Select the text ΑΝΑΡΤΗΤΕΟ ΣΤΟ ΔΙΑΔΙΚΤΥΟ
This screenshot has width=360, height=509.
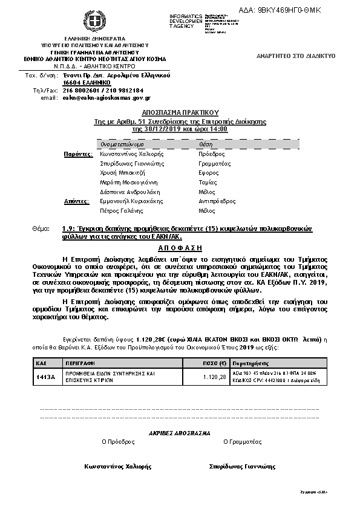[x=296, y=56]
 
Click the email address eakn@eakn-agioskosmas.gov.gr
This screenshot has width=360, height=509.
[x=106, y=97]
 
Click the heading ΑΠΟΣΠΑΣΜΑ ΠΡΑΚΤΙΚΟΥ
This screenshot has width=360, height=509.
[x=180, y=112]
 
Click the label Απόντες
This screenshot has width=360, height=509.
[x=77, y=201]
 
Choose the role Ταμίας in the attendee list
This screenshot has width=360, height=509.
[x=208, y=182]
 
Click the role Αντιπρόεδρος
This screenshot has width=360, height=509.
[x=217, y=201]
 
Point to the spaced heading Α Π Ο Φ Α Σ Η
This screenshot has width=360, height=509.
[x=179, y=248]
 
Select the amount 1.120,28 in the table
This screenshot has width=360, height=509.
[x=215, y=377]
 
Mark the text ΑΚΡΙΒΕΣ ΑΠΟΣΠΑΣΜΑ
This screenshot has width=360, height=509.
[x=179, y=433]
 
